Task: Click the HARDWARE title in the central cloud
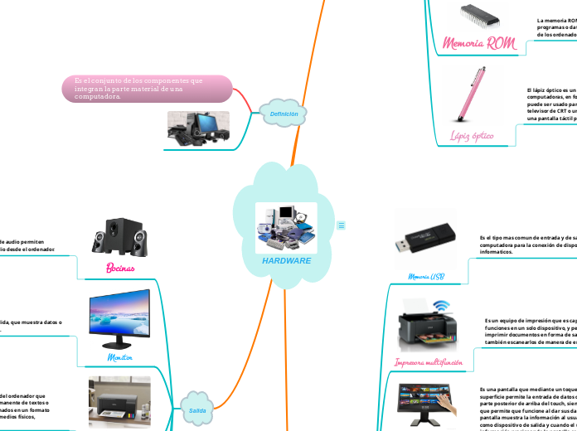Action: tap(286, 260)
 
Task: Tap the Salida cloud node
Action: tap(197, 410)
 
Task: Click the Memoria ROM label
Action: tap(478, 43)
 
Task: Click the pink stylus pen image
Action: tap(472, 94)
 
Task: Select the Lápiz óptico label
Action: tap(472, 134)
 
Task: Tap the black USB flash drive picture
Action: tap(425, 236)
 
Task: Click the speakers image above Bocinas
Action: tap(120, 239)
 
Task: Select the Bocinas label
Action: tap(121, 269)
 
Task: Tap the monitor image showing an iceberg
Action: tap(119, 319)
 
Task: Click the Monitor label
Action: tap(120, 356)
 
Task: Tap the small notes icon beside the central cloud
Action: tap(341, 225)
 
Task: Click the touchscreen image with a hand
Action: tap(427, 406)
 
